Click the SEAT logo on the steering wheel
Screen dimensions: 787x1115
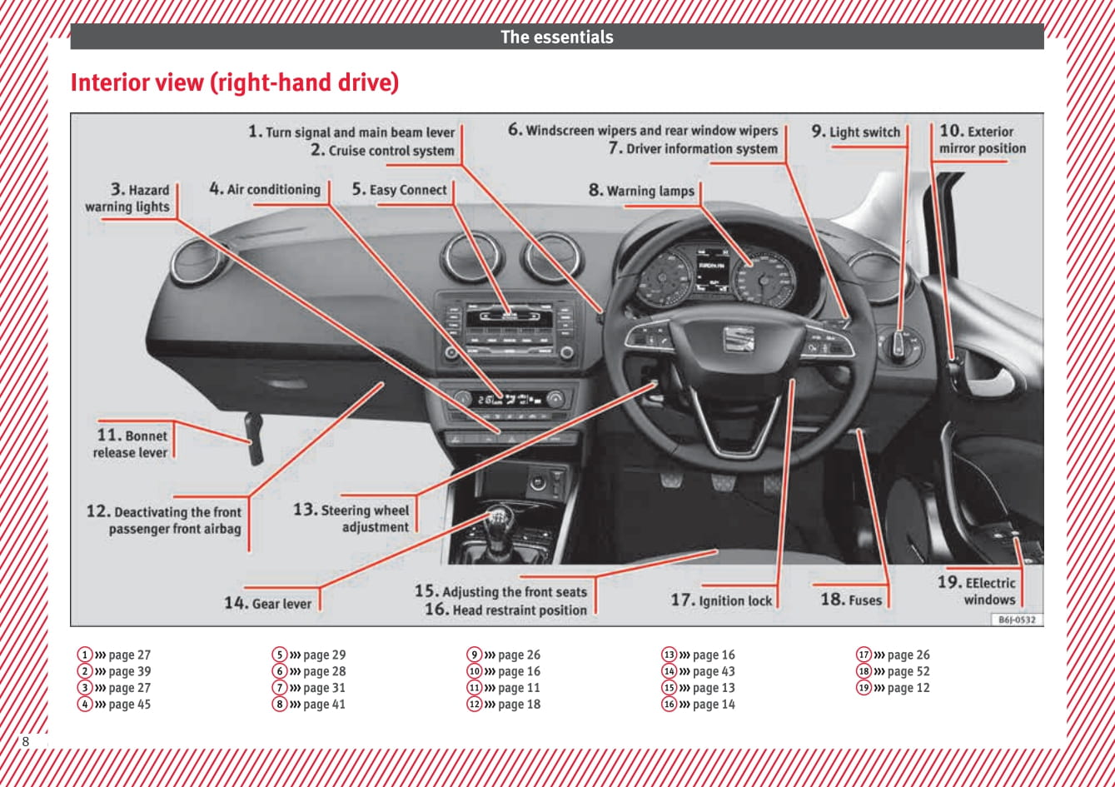(737, 339)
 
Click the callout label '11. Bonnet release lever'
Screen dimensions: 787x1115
(132, 444)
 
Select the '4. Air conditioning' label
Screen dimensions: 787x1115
(265, 190)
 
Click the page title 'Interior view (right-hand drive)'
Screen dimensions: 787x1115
(235, 83)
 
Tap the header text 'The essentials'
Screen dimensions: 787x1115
(556, 37)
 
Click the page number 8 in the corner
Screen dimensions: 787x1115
(26, 741)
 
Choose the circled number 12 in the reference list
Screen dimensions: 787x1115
(474, 705)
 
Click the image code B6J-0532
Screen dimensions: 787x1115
(1016, 620)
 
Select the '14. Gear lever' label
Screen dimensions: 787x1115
(267, 603)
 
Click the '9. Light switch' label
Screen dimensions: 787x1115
(856, 132)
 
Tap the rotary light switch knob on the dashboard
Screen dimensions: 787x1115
(898, 343)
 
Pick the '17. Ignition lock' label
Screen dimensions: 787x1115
(721, 600)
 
